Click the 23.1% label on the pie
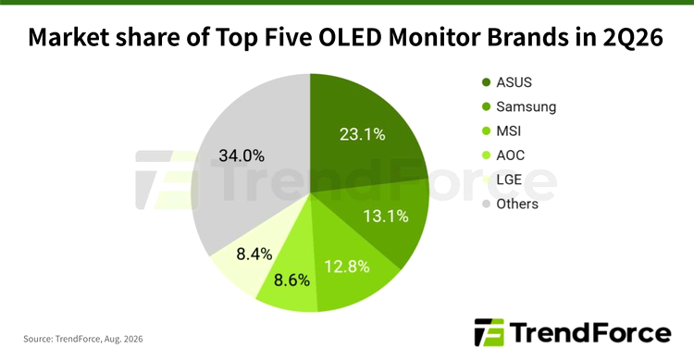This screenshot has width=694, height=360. (x=362, y=134)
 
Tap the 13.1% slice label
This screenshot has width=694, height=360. (x=386, y=216)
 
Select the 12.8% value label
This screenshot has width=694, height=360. (x=347, y=267)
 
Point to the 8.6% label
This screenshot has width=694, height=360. (x=291, y=280)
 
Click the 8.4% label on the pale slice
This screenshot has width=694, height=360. (x=254, y=254)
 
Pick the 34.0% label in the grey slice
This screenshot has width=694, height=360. (x=242, y=155)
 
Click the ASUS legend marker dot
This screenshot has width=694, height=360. (x=486, y=82)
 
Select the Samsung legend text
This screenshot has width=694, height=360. (x=526, y=106)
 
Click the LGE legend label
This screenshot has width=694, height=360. (x=509, y=180)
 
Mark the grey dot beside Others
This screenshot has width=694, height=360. (x=486, y=205)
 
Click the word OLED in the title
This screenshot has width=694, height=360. (x=350, y=37)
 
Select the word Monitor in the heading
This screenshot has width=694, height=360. (x=435, y=37)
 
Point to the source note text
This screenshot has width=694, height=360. (x=83, y=340)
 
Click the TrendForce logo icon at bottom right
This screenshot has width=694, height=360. (x=490, y=332)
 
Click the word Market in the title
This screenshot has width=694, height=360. (x=68, y=37)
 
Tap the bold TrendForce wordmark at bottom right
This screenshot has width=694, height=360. (x=590, y=332)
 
